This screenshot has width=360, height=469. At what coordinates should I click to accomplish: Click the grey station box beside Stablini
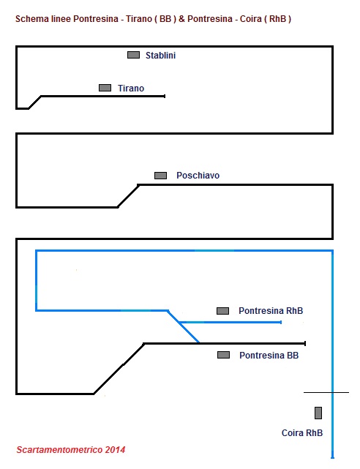(133, 55)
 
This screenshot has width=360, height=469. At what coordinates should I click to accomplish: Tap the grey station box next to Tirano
(105, 88)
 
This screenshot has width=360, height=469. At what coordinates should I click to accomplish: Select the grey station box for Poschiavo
(160, 176)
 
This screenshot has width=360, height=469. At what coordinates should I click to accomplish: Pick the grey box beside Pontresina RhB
(222, 311)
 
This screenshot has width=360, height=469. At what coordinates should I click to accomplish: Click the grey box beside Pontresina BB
(224, 355)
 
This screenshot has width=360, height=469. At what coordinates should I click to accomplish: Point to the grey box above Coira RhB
(318, 413)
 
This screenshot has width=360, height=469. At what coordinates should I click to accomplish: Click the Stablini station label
(160, 56)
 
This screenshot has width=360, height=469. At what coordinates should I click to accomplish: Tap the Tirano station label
(131, 89)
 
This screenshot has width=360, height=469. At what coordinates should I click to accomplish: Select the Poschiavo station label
(198, 176)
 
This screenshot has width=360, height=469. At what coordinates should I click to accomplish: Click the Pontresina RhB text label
(271, 311)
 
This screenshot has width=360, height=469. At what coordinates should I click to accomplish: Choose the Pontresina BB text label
(269, 356)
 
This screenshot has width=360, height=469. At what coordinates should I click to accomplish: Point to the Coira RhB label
(302, 433)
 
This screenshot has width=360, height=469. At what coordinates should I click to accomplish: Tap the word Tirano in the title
(139, 19)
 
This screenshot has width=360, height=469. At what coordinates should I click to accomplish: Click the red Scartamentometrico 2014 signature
(71, 449)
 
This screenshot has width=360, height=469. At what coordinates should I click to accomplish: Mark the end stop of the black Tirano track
(165, 96)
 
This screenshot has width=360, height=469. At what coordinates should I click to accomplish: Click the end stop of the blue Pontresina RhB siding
(281, 322)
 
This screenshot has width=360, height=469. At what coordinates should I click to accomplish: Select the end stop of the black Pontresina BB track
(305, 343)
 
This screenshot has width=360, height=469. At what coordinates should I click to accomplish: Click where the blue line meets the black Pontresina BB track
(199, 342)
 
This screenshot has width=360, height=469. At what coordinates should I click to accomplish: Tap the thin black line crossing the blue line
(326, 392)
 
